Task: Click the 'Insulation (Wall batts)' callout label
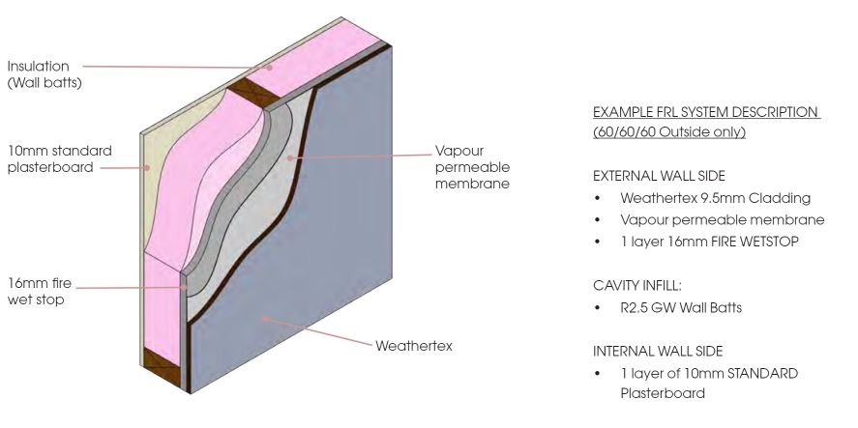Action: pos(44,74)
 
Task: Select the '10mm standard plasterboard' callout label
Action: pos(60,159)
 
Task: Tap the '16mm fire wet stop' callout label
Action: pos(40,292)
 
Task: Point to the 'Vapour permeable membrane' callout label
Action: pos(472,167)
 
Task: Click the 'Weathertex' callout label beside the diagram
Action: pos(414,346)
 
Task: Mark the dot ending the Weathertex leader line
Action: pos(264,318)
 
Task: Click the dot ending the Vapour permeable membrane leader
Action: pos(289,157)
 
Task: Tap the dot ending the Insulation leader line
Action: pos(270,68)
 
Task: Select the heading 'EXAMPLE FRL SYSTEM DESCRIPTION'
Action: pos(706,112)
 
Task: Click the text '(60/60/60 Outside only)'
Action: pos(669,132)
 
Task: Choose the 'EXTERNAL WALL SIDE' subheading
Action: pos(659,176)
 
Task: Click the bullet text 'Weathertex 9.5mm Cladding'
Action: pos(715,198)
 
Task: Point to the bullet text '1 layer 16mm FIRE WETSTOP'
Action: pos(709,242)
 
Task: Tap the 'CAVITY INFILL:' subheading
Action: pos(636,285)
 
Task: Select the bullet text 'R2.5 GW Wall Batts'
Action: pos(681,308)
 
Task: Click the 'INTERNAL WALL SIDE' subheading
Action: pos(658,351)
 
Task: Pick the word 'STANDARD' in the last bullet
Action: pos(762,373)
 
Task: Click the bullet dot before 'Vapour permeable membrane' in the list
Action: pos(597,220)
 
